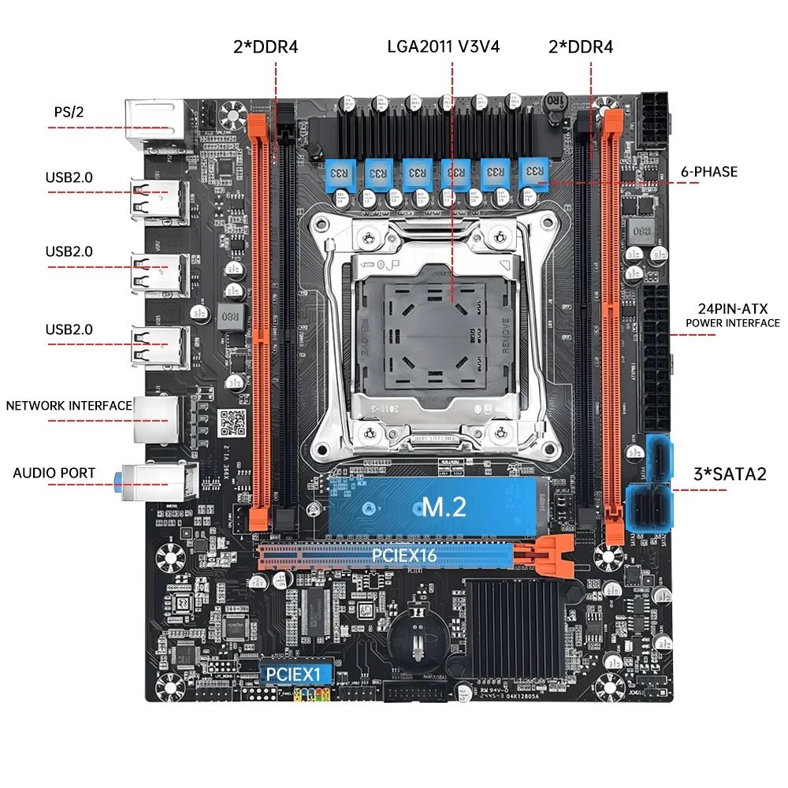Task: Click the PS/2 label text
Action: [x=69, y=112]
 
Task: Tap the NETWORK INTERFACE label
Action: [x=69, y=406]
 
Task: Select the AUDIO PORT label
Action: [x=54, y=473]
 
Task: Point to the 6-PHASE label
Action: [x=709, y=171]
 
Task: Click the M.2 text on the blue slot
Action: [x=444, y=507]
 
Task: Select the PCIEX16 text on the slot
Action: [x=404, y=556]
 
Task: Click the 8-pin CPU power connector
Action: [x=653, y=119]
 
